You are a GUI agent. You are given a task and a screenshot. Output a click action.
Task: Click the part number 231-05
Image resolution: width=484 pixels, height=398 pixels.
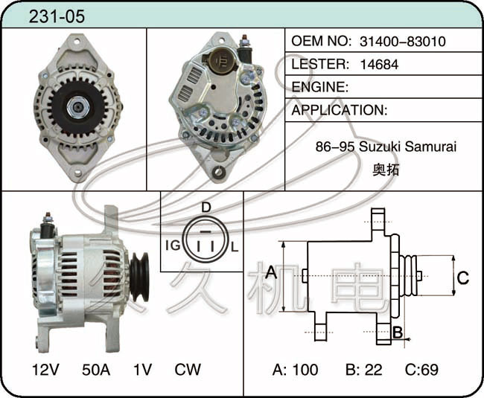pyautogui.click(x=57, y=16)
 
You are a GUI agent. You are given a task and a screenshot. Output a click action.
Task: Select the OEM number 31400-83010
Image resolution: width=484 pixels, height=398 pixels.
pyautogui.click(x=403, y=41)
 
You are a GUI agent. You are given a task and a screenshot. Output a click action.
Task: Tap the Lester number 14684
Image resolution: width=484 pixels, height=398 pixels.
pyautogui.click(x=379, y=64)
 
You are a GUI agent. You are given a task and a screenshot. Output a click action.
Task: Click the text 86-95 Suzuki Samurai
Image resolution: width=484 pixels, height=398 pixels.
pyautogui.click(x=386, y=147)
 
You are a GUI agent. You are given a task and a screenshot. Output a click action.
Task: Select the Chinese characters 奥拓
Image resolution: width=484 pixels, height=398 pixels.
pyautogui.click(x=386, y=170)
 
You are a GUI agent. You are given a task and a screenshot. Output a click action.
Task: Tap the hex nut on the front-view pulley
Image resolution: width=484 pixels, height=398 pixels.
pyautogui.click(x=78, y=106)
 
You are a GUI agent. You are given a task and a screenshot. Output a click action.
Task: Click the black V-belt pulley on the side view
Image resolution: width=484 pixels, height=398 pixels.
pyautogui.click(x=139, y=277)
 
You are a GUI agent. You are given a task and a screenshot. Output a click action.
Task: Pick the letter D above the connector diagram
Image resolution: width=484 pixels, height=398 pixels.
pyautogui.click(x=206, y=208)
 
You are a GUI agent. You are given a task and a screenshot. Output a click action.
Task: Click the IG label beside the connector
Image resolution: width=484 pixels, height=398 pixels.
pyautogui.click(x=173, y=245)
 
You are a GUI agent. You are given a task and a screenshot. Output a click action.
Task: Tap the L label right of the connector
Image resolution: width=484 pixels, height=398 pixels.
pyautogui.click(x=235, y=247)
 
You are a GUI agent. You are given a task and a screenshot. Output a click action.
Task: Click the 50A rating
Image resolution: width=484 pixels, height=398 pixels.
pyautogui.click(x=96, y=369)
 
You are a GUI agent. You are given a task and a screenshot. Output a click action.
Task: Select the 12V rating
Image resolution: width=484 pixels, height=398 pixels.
pyautogui.click(x=45, y=369)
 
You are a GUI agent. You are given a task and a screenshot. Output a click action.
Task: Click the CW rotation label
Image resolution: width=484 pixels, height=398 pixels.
pyautogui.click(x=188, y=369)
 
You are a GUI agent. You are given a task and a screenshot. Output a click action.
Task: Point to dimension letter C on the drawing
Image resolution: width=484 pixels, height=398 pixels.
pyautogui.click(x=462, y=277)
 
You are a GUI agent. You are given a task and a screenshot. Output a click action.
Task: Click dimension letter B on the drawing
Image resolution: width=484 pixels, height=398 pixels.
pyautogui.click(x=398, y=333)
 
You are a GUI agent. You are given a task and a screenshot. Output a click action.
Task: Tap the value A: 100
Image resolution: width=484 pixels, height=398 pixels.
pyautogui.click(x=295, y=369)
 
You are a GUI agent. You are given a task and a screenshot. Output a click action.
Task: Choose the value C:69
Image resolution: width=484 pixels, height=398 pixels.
pyautogui.click(x=421, y=369)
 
